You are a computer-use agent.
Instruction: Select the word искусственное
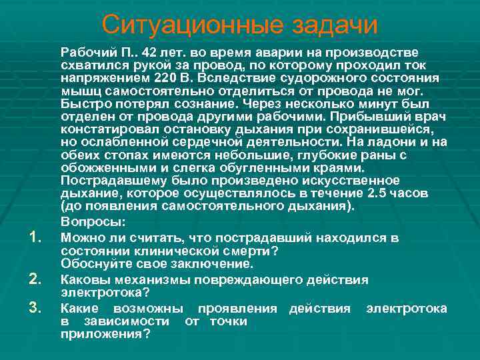pos(353,181)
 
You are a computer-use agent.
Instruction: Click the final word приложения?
pos(105,334)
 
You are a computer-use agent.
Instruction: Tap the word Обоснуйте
pos(96,263)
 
